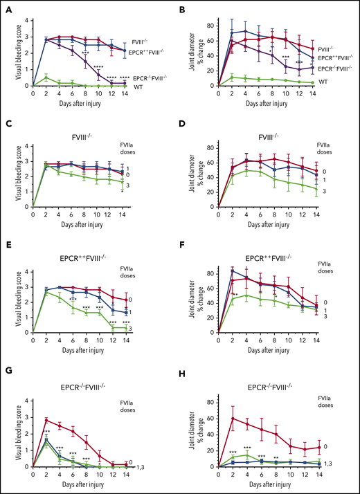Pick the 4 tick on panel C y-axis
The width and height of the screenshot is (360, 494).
(25, 145)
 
